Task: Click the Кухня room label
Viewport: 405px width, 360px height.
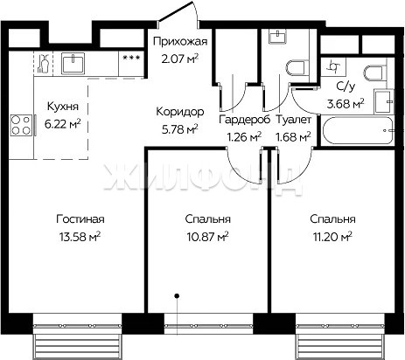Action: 63,107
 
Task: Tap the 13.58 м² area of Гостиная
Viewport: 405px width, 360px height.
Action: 80,237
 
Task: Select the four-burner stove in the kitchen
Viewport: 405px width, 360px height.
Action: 21,125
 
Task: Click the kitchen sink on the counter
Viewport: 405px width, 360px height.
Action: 73,63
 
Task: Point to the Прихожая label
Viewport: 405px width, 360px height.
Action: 180,41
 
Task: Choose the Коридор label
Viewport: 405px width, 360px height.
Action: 180,112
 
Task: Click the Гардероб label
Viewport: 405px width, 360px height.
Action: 245,120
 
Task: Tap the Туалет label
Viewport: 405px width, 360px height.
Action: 293,120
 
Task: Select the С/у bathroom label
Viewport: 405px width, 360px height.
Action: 346,87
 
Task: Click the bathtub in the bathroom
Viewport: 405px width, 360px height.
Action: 358,130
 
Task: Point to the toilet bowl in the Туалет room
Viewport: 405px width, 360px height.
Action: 297,68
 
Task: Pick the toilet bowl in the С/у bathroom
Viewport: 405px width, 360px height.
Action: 374,73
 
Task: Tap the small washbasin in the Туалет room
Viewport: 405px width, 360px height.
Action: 277,37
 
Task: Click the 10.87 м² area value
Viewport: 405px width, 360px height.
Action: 207,237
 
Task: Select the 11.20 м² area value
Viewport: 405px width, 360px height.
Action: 332,237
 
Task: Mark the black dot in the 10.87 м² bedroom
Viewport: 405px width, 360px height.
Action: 177,296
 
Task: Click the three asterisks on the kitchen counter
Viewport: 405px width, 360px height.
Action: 131,58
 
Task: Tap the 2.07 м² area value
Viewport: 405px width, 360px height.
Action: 180,59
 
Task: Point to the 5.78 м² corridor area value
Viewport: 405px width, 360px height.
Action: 180,129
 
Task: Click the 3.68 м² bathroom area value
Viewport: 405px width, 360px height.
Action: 346,104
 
